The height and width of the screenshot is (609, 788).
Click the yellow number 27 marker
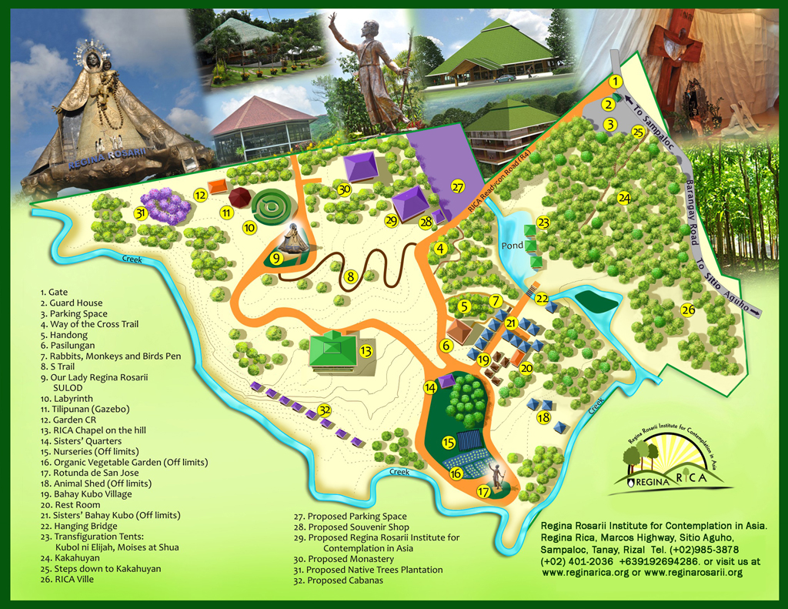point(459,187)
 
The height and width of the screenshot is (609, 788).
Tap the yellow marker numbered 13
point(366,351)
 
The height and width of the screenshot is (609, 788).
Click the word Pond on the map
point(513,246)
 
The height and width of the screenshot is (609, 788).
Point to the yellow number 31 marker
point(140,213)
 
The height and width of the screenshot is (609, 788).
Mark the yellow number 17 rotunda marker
point(484,490)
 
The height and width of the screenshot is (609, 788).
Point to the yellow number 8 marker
point(350,276)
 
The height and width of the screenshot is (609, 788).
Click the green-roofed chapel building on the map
point(333,350)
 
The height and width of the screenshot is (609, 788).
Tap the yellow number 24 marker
point(624,198)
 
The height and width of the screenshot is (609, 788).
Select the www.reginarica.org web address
point(583,573)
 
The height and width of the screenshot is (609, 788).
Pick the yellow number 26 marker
point(688,310)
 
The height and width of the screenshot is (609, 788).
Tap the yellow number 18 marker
point(544,417)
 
